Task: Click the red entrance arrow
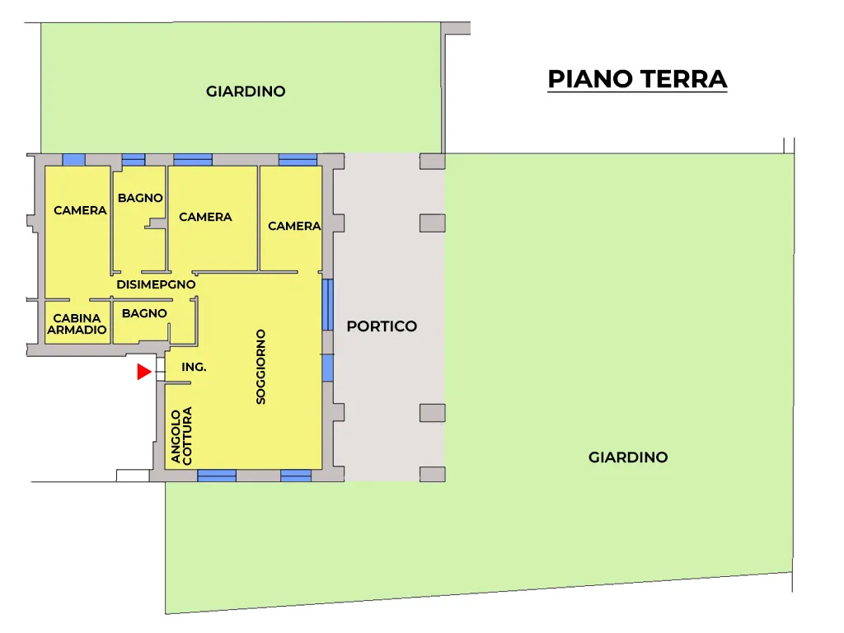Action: point(143,372)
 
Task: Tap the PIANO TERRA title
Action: point(637,79)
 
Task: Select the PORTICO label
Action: point(382,326)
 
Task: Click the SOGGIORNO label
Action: point(261,367)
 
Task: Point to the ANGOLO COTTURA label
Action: point(181,436)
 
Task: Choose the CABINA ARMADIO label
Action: point(77,324)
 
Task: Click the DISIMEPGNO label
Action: point(156,284)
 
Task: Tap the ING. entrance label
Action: point(194,367)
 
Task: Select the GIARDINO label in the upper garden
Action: point(246,91)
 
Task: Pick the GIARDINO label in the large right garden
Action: point(628,457)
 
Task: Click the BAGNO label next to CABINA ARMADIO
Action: point(144,313)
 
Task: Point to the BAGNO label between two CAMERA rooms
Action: point(140,198)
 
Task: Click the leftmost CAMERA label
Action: point(80,210)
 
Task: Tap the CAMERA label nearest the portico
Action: point(294,226)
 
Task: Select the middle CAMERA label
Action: point(205,217)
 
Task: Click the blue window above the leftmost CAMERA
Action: point(73,159)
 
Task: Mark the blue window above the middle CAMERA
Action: point(193,159)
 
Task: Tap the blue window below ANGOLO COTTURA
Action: point(217,476)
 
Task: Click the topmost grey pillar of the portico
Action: point(432,162)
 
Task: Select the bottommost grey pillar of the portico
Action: point(432,474)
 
